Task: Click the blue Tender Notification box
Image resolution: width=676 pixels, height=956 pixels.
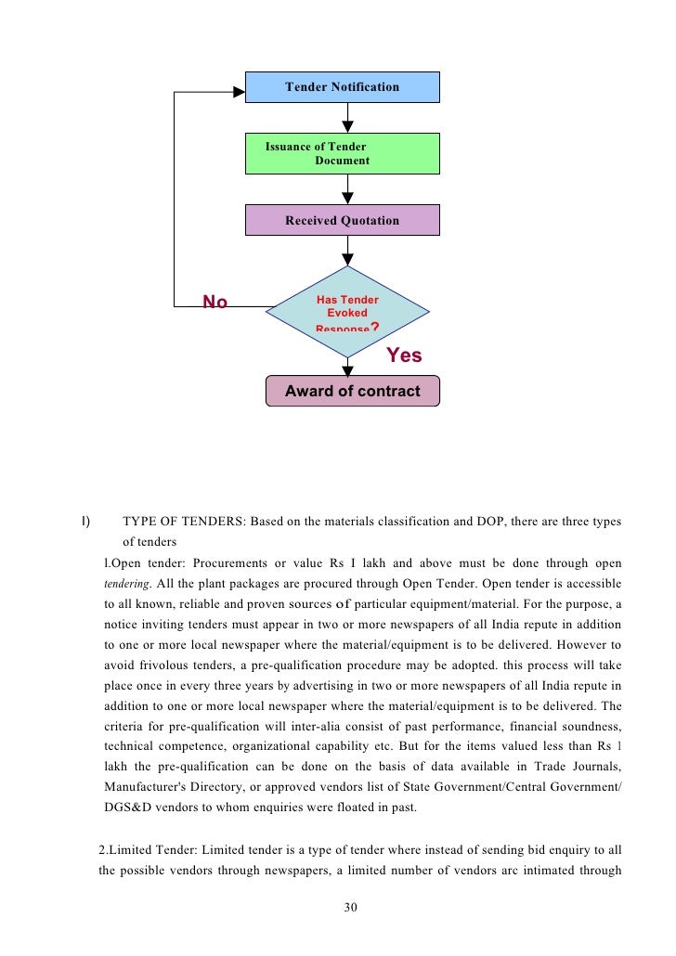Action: pyautogui.click(x=342, y=86)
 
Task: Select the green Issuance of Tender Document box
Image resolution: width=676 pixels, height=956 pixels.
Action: pyautogui.click(x=342, y=153)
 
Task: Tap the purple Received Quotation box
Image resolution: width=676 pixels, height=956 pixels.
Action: pyautogui.click(x=342, y=220)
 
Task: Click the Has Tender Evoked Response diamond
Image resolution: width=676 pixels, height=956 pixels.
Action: pyautogui.click(x=347, y=313)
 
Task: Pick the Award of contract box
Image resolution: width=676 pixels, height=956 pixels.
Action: pyautogui.click(x=352, y=392)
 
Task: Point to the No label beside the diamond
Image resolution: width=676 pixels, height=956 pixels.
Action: pyautogui.click(x=215, y=302)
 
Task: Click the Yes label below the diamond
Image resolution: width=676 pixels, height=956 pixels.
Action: pyautogui.click(x=404, y=355)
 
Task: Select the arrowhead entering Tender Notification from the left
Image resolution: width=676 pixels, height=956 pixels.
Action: pyautogui.click(x=238, y=91)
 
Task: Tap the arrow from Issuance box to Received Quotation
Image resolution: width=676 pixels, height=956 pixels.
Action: pyautogui.click(x=348, y=189)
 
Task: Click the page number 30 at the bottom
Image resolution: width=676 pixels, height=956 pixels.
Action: pyautogui.click(x=350, y=907)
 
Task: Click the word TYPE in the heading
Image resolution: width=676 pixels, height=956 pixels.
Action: pyautogui.click(x=139, y=522)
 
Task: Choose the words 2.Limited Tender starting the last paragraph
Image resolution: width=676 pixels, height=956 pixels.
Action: pyautogui.click(x=144, y=849)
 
